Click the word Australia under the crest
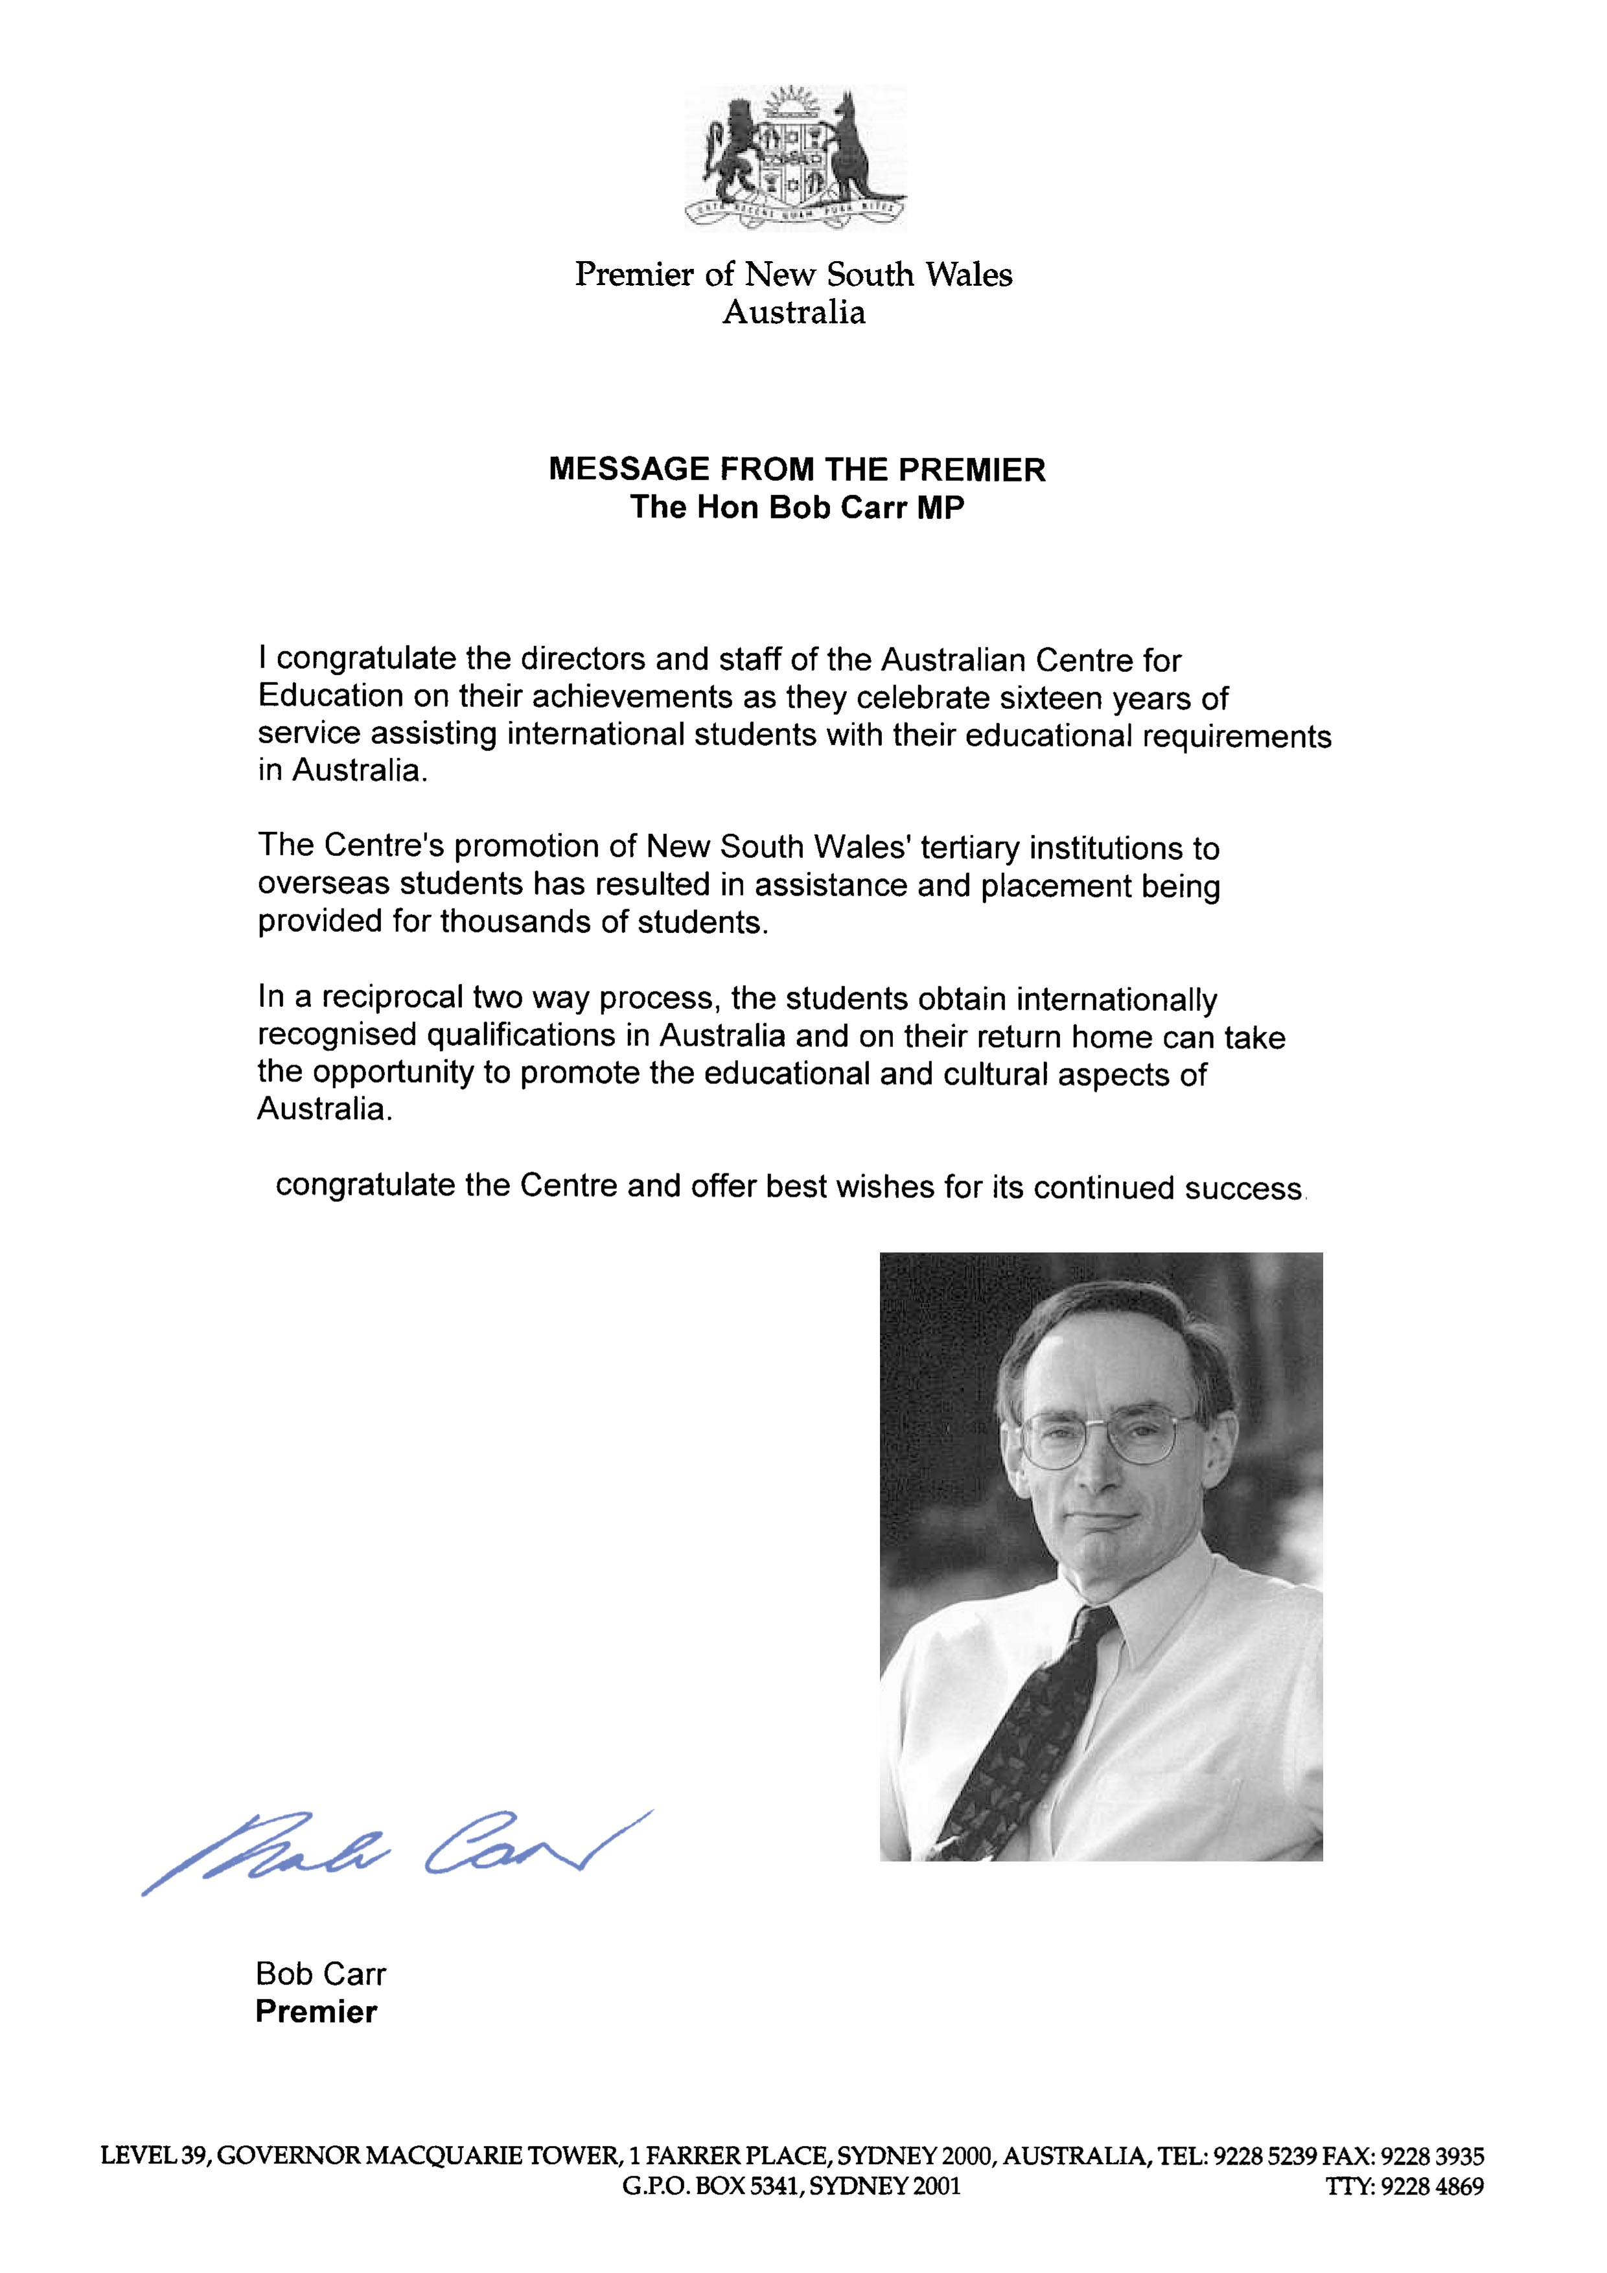point(793,313)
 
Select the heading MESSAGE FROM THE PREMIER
point(797,469)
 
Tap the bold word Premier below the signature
point(316,2012)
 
